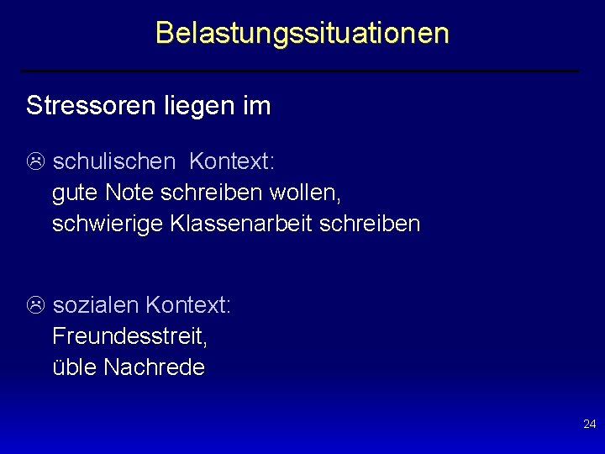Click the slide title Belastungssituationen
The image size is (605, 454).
pyautogui.click(x=302, y=33)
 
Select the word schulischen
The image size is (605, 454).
pyautogui.click(x=114, y=161)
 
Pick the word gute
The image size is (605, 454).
pyautogui.click(x=76, y=193)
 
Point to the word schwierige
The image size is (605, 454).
pyautogui.click(x=108, y=224)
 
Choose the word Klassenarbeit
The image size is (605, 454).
pyautogui.click(x=239, y=224)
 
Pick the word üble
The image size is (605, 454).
pyautogui.click(x=75, y=367)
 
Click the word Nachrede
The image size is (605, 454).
pyautogui.click(x=154, y=367)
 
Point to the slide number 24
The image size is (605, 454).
pyautogui.click(x=589, y=425)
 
